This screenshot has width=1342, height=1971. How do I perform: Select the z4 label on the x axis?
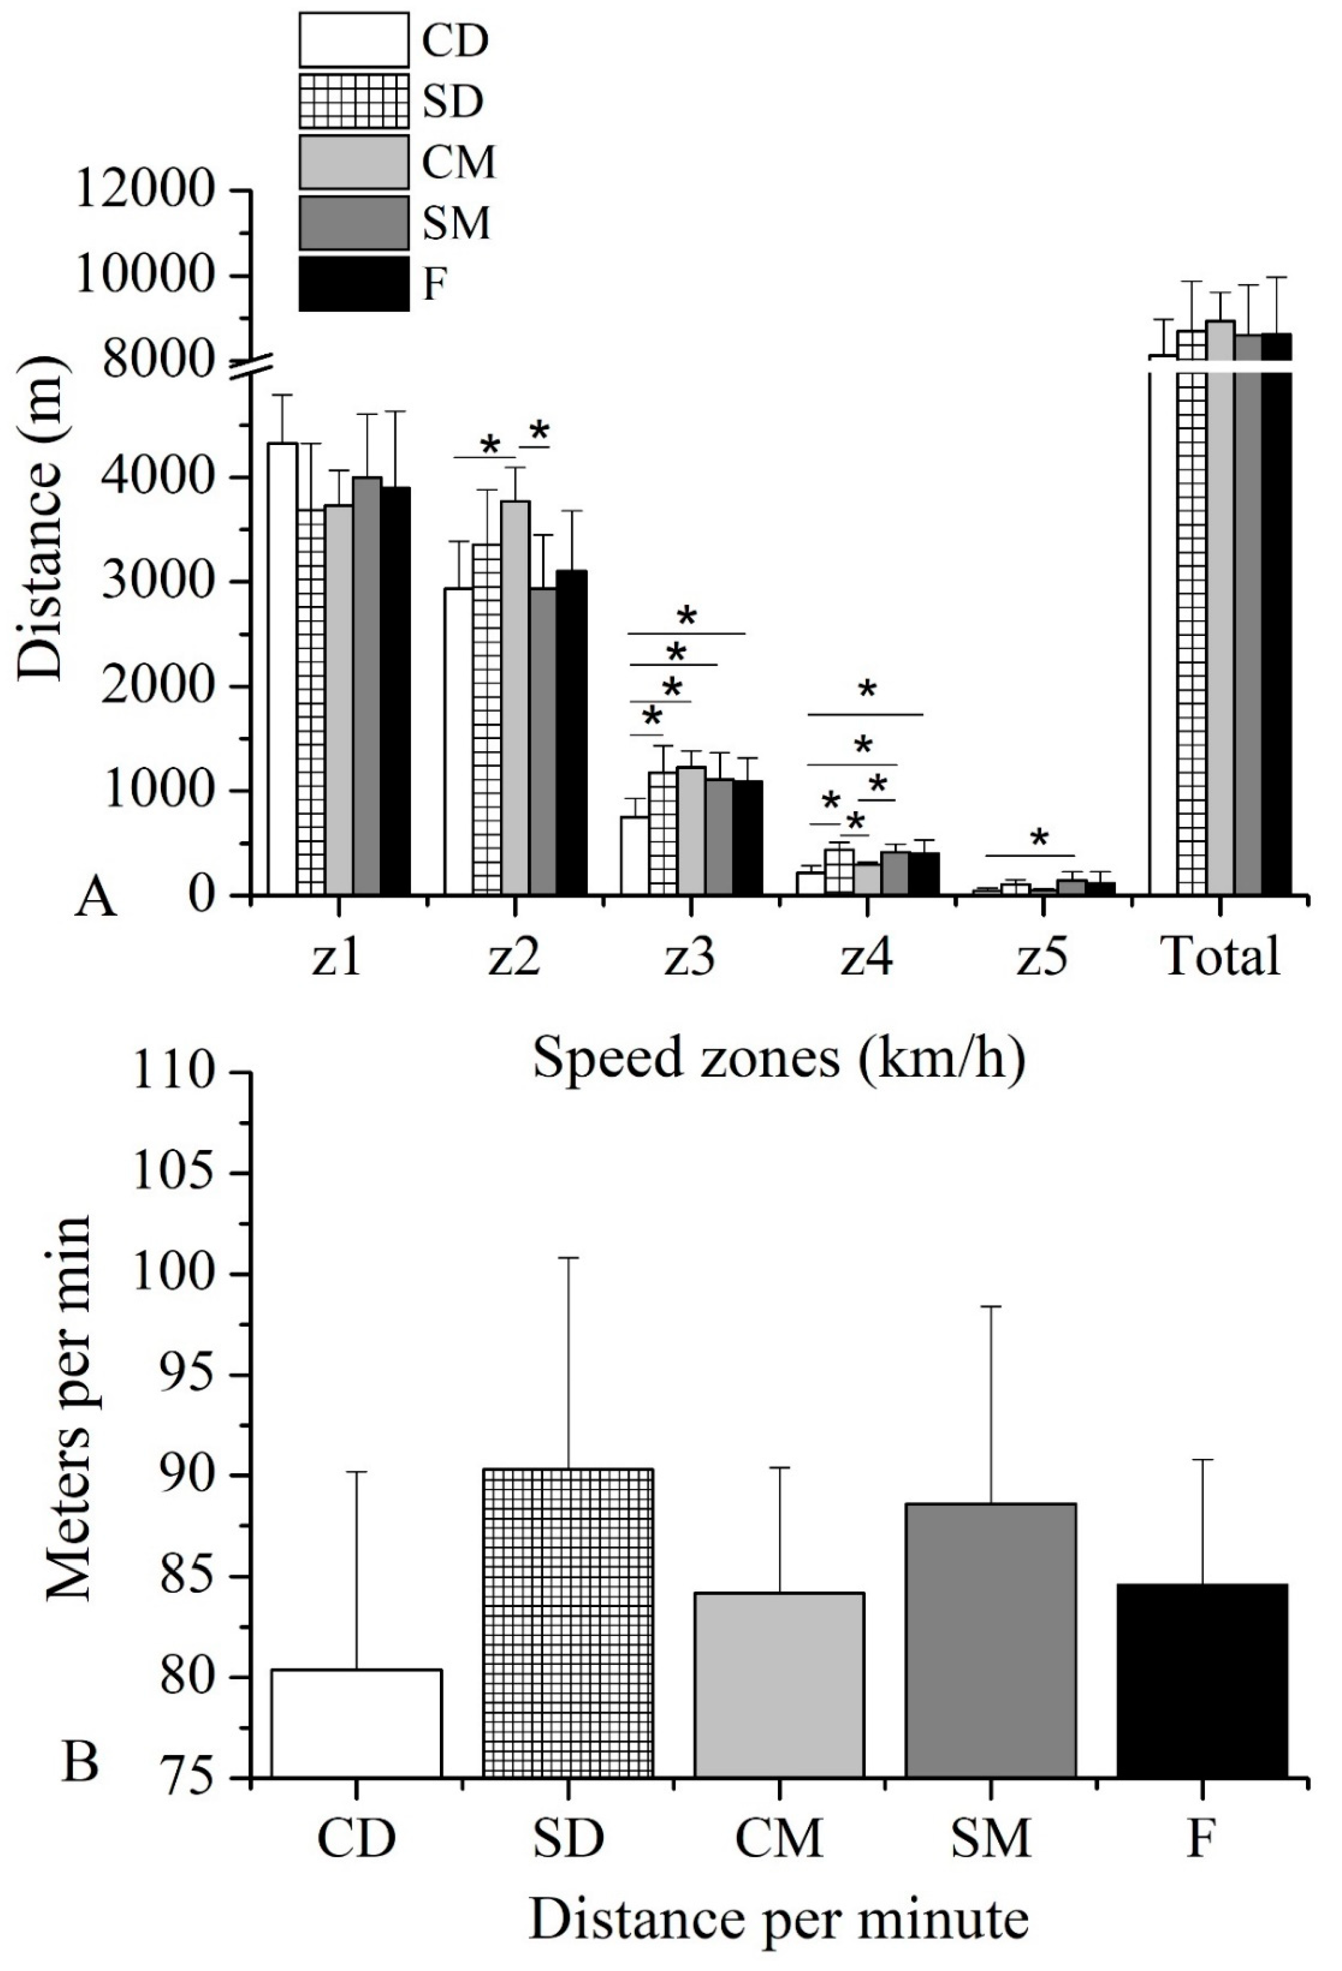pos(867,957)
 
